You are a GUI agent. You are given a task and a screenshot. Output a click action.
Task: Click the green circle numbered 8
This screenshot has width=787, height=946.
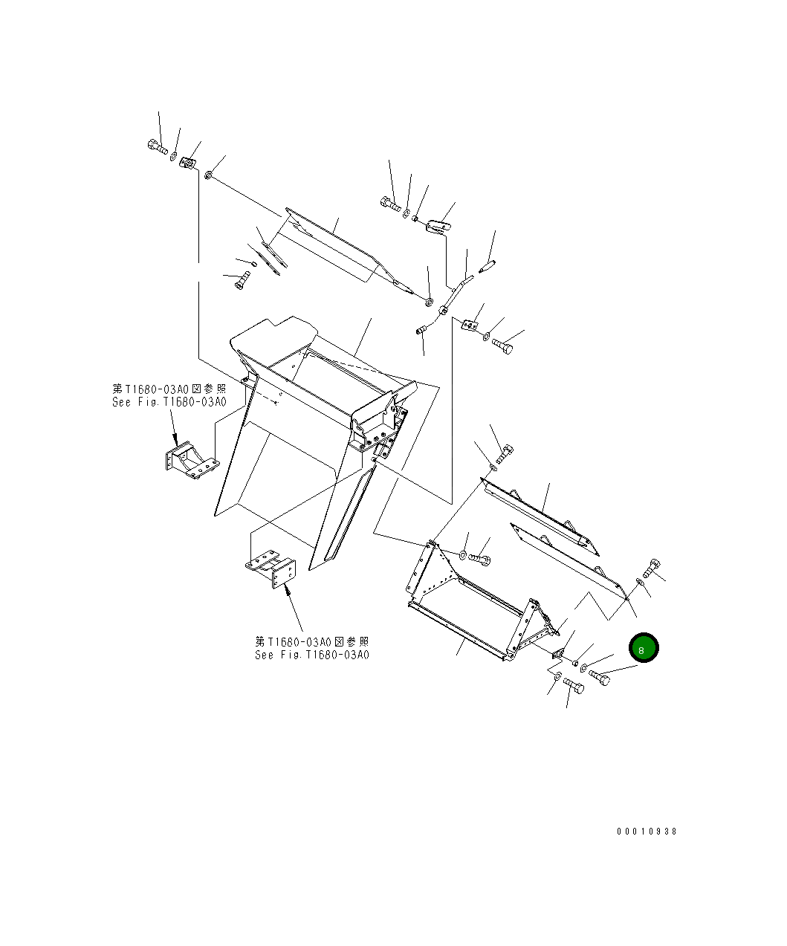[644, 647]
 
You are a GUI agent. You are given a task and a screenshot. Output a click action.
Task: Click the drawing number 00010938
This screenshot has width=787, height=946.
[647, 832]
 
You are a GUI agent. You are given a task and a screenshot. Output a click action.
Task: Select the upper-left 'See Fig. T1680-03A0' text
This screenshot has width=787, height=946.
[169, 402]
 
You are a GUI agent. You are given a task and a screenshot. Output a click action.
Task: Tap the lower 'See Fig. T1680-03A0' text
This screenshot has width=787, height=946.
[311, 655]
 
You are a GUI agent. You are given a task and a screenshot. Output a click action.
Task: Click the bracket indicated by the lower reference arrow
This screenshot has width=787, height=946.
[271, 568]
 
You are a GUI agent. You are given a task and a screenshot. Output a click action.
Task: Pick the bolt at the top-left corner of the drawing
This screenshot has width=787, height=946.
[158, 146]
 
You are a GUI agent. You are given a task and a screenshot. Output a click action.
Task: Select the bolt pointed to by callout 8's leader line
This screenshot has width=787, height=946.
[599, 678]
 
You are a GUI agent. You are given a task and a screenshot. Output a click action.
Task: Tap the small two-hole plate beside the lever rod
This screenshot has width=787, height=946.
[470, 325]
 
